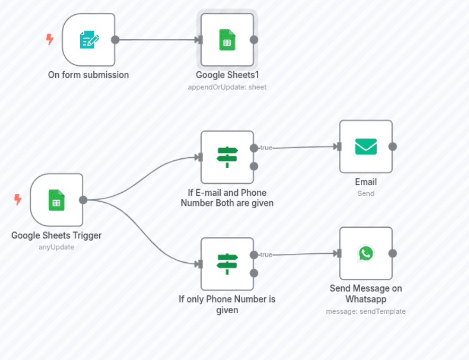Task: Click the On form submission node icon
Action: [x=89, y=40]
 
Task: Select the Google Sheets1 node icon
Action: [x=227, y=40]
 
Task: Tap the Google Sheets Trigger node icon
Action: [x=56, y=200]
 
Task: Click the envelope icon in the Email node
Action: [x=366, y=147]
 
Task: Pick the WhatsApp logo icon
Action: [x=366, y=253]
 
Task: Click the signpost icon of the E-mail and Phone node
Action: [x=227, y=157]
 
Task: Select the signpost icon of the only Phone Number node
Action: [x=227, y=264]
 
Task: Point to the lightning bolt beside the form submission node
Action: [x=50, y=39]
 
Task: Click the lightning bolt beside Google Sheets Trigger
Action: [x=18, y=200]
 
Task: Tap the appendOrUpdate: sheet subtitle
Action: [x=227, y=87]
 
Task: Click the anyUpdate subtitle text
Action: [x=56, y=247]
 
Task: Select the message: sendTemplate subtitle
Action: [x=366, y=312]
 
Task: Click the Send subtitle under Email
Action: [x=366, y=194]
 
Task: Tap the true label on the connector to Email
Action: [x=266, y=148]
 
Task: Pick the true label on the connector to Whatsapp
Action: [x=266, y=255]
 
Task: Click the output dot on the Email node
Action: [x=392, y=147]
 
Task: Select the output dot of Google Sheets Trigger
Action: [x=83, y=200]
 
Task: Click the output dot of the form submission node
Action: [x=115, y=40]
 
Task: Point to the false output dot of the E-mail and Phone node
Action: [x=254, y=166]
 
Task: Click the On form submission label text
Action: [x=89, y=75]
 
